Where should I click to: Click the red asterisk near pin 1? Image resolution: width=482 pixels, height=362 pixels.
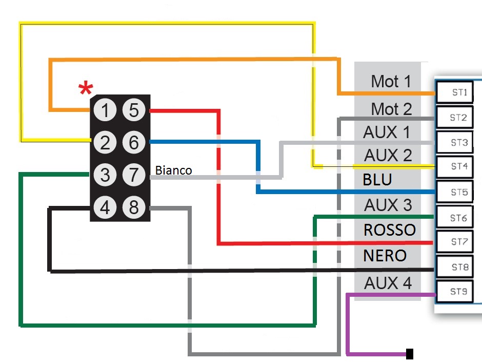click(x=86, y=89)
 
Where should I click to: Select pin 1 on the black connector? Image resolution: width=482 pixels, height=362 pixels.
click(x=105, y=110)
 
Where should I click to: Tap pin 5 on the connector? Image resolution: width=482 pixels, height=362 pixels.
click(x=134, y=110)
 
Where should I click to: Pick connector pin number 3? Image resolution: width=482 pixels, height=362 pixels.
click(x=105, y=176)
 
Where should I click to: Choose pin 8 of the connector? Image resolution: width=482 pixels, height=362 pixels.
click(x=134, y=208)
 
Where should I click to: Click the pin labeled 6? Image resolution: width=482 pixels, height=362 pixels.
click(x=134, y=143)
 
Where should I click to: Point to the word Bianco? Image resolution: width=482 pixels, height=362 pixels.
click(x=173, y=170)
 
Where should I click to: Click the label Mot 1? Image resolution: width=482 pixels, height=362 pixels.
click(x=391, y=81)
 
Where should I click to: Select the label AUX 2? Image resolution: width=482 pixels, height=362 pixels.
click(x=388, y=155)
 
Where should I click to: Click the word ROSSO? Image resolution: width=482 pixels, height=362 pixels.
click(x=389, y=230)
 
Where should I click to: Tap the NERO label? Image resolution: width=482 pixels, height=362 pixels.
click(x=385, y=255)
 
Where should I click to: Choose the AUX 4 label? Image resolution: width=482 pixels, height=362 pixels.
click(x=388, y=283)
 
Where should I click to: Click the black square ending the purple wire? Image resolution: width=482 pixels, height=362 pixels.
click(x=410, y=353)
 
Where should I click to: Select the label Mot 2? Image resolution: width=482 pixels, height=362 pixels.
click(x=391, y=109)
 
